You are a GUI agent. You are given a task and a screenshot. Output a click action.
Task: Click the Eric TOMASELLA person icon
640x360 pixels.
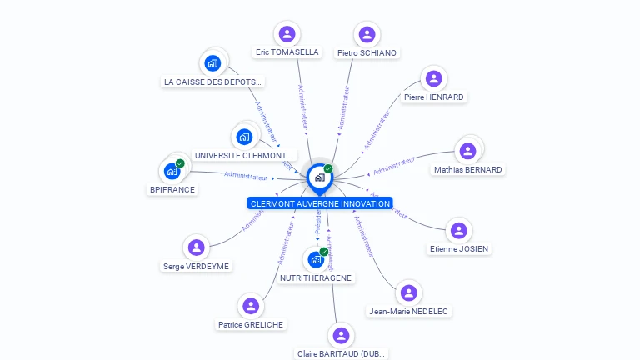click(x=287, y=34)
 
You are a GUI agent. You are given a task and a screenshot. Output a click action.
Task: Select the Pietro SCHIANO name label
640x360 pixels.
click(x=367, y=52)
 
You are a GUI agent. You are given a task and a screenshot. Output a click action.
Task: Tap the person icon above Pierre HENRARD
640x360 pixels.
click(x=433, y=79)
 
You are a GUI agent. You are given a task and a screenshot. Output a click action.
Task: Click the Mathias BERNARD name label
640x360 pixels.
click(x=467, y=169)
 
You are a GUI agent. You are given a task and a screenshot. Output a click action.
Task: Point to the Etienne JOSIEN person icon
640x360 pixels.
click(x=458, y=231)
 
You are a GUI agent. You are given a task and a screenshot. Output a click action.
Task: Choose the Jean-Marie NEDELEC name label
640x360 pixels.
click(x=408, y=311)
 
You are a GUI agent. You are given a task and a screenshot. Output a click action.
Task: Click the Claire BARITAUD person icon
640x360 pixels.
click(x=340, y=336)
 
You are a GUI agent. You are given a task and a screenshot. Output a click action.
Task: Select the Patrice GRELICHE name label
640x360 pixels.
click(x=251, y=324)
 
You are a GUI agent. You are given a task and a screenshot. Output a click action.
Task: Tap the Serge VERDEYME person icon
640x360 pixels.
click(x=197, y=247)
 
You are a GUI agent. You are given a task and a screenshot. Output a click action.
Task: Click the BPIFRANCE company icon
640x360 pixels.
click(x=172, y=172)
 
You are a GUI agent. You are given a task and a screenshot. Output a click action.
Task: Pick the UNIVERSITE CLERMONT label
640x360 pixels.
click(x=244, y=155)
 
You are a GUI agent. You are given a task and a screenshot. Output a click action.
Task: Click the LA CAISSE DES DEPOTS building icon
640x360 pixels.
click(x=212, y=63)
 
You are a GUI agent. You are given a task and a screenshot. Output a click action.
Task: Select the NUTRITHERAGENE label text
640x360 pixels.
click(x=316, y=277)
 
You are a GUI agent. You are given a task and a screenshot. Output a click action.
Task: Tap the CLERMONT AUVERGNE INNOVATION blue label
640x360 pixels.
click(x=320, y=203)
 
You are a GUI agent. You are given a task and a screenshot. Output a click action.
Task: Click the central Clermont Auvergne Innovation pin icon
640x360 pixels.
click(x=319, y=177)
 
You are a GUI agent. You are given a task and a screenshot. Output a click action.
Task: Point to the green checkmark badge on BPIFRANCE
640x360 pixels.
click(x=180, y=163)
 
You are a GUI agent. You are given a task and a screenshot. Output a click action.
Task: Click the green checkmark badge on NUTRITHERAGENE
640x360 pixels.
click(x=324, y=252)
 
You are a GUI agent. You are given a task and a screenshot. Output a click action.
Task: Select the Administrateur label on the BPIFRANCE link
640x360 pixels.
click(x=246, y=177)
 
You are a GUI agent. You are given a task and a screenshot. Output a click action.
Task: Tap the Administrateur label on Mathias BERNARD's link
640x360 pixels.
click(x=393, y=165)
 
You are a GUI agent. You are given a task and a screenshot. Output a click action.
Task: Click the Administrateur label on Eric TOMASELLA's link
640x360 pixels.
click(x=302, y=107)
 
